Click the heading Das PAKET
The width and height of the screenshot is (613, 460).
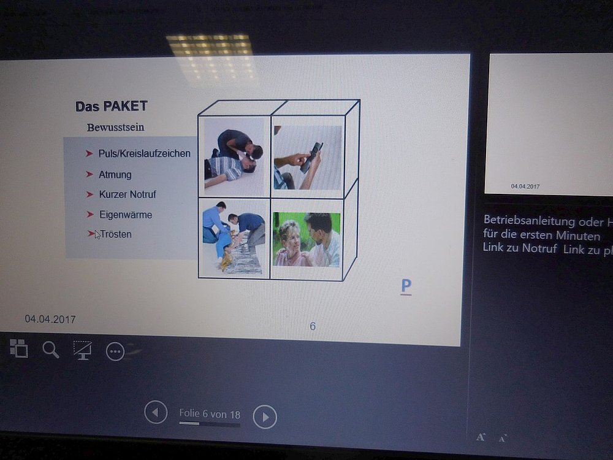click(112, 106)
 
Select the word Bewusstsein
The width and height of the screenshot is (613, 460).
click(116, 128)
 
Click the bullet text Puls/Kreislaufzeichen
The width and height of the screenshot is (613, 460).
click(144, 153)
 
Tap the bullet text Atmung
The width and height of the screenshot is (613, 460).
click(115, 174)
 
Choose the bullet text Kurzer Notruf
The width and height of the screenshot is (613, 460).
click(128, 194)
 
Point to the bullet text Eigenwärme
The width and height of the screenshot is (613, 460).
click(126, 215)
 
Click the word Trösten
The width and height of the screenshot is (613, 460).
click(116, 234)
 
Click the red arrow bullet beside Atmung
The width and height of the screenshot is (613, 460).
click(89, 174)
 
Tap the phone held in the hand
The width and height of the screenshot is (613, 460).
click(311, 158)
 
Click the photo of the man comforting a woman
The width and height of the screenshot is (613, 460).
click(306, 239)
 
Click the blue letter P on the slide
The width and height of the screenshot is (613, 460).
click(406, 286)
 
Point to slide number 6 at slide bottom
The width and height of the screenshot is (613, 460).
click(313, 326)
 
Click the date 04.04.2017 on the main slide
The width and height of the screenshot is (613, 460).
click(50, 319)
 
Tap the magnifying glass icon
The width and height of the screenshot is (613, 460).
click(51, 350)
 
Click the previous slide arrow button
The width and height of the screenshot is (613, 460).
click(156, 412)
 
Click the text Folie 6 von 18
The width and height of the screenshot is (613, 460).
click(210, 414)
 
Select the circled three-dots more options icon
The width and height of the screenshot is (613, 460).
click(115, 351)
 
